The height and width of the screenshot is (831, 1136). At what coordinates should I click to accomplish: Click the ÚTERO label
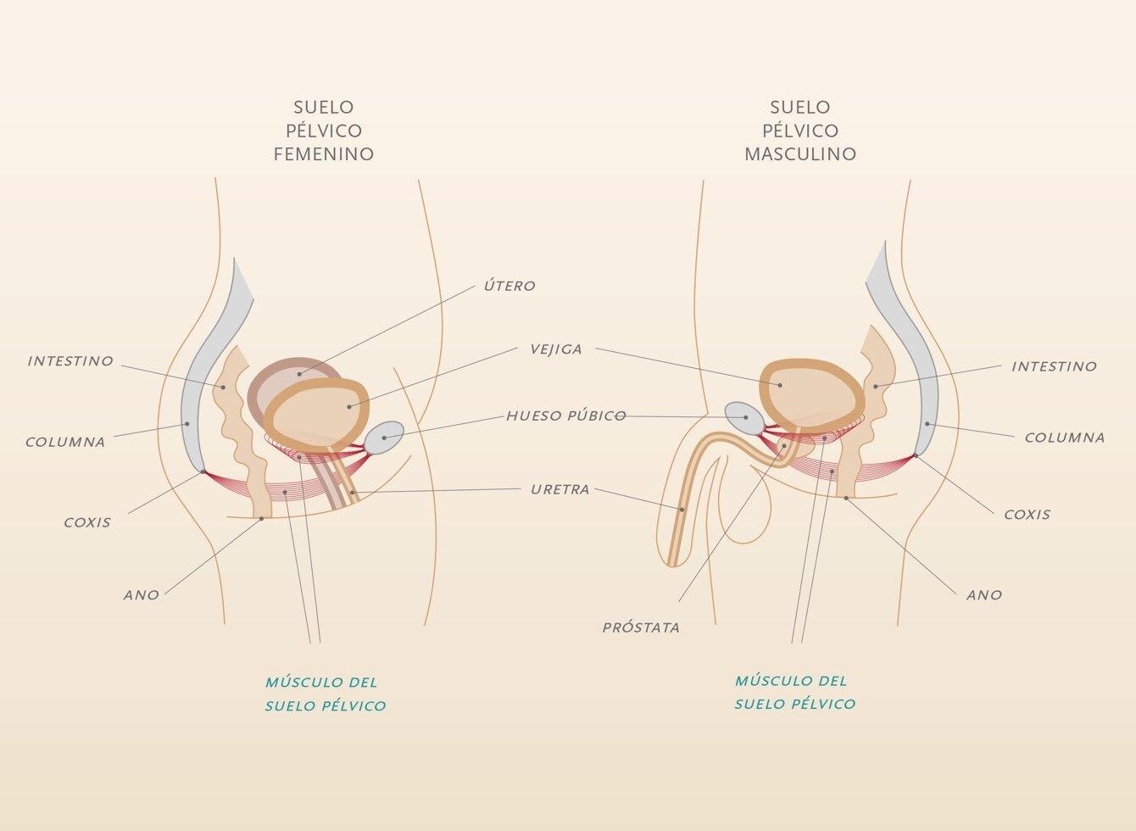coord(510,286)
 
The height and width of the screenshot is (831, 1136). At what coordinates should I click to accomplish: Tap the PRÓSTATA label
coord(641,627)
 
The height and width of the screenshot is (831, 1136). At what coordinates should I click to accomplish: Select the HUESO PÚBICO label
coord(566,416)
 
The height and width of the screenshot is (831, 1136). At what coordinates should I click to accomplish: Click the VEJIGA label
coord(556,349)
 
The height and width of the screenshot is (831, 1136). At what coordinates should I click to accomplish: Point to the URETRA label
coord(560,489)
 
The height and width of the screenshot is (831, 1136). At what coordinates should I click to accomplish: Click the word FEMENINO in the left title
coord(324,153)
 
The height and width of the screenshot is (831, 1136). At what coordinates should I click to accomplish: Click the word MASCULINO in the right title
coord(801,153)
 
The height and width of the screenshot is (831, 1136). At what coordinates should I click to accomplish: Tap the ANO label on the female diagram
coord(142,595)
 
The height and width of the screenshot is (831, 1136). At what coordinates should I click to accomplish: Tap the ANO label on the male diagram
coord(984,595)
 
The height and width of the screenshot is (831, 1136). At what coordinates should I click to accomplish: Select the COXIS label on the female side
coord(87,522)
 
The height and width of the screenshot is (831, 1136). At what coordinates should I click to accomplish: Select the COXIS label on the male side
coord(1027,515)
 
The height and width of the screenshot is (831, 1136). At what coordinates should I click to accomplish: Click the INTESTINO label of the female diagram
coord(70,361)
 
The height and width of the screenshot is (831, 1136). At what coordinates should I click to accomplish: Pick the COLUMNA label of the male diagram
coord(1065,438)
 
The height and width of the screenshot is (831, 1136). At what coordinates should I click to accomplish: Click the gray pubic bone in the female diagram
coord(384,438)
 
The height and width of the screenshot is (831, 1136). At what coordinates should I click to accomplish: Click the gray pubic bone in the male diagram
coord(744,418)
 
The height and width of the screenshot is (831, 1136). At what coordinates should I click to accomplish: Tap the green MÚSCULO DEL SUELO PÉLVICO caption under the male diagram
coord(795,692)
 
